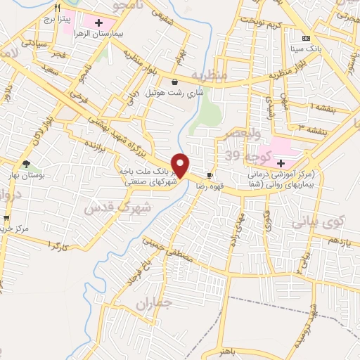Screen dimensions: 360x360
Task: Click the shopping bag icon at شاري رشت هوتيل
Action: pyautogui.click(x=174, y=82)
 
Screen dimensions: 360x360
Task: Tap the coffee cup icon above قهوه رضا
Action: pyautogui.click(x=210, y=175)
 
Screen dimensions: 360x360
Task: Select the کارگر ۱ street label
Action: pyautogui.click(x=56, y=245)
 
